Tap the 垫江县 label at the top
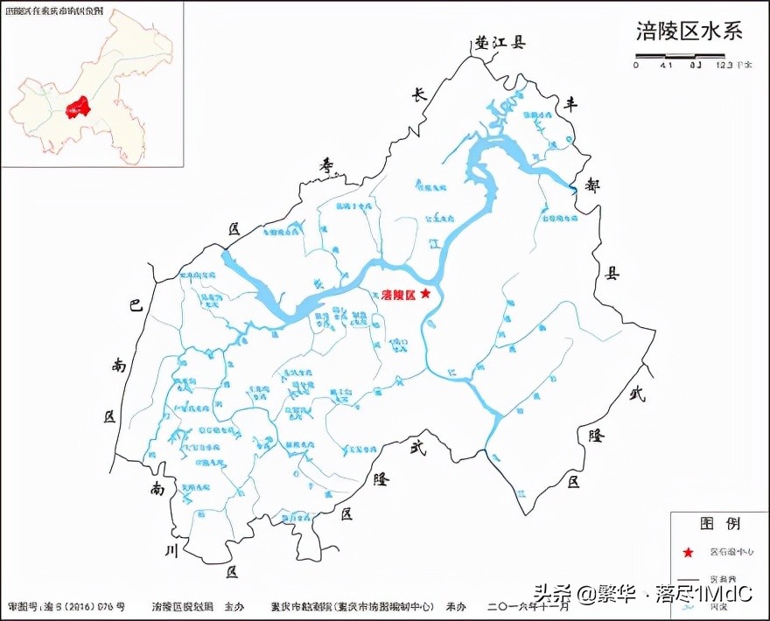pos(499,42)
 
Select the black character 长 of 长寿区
pos(419,96)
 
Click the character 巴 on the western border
pos(135,306)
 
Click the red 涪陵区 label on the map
pos(398,295)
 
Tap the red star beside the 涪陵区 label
pos(425,294)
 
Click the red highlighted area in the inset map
pos(79,107)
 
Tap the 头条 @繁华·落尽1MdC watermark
pos(642,594)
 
